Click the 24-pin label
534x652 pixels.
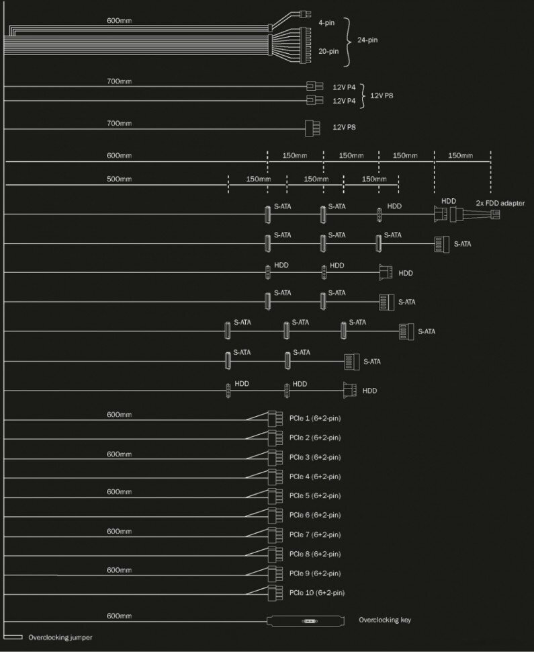[x=367, y=40]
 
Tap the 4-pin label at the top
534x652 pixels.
[x=326, y=22]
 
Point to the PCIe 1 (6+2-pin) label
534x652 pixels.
[x=315, y=419]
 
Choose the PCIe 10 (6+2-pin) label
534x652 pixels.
[x=317, y=593]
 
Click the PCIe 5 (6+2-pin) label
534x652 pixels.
[x=315, y=496]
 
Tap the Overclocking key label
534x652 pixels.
[x=385, y=620]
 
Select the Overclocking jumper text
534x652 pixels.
[x=60, y=637]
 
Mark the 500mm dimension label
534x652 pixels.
[x=119, y=179]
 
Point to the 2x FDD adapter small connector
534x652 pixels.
[x=496, y=214]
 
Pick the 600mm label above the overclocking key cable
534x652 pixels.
[x=119, y=616]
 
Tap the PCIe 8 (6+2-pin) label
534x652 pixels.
[x=315, y=554]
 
